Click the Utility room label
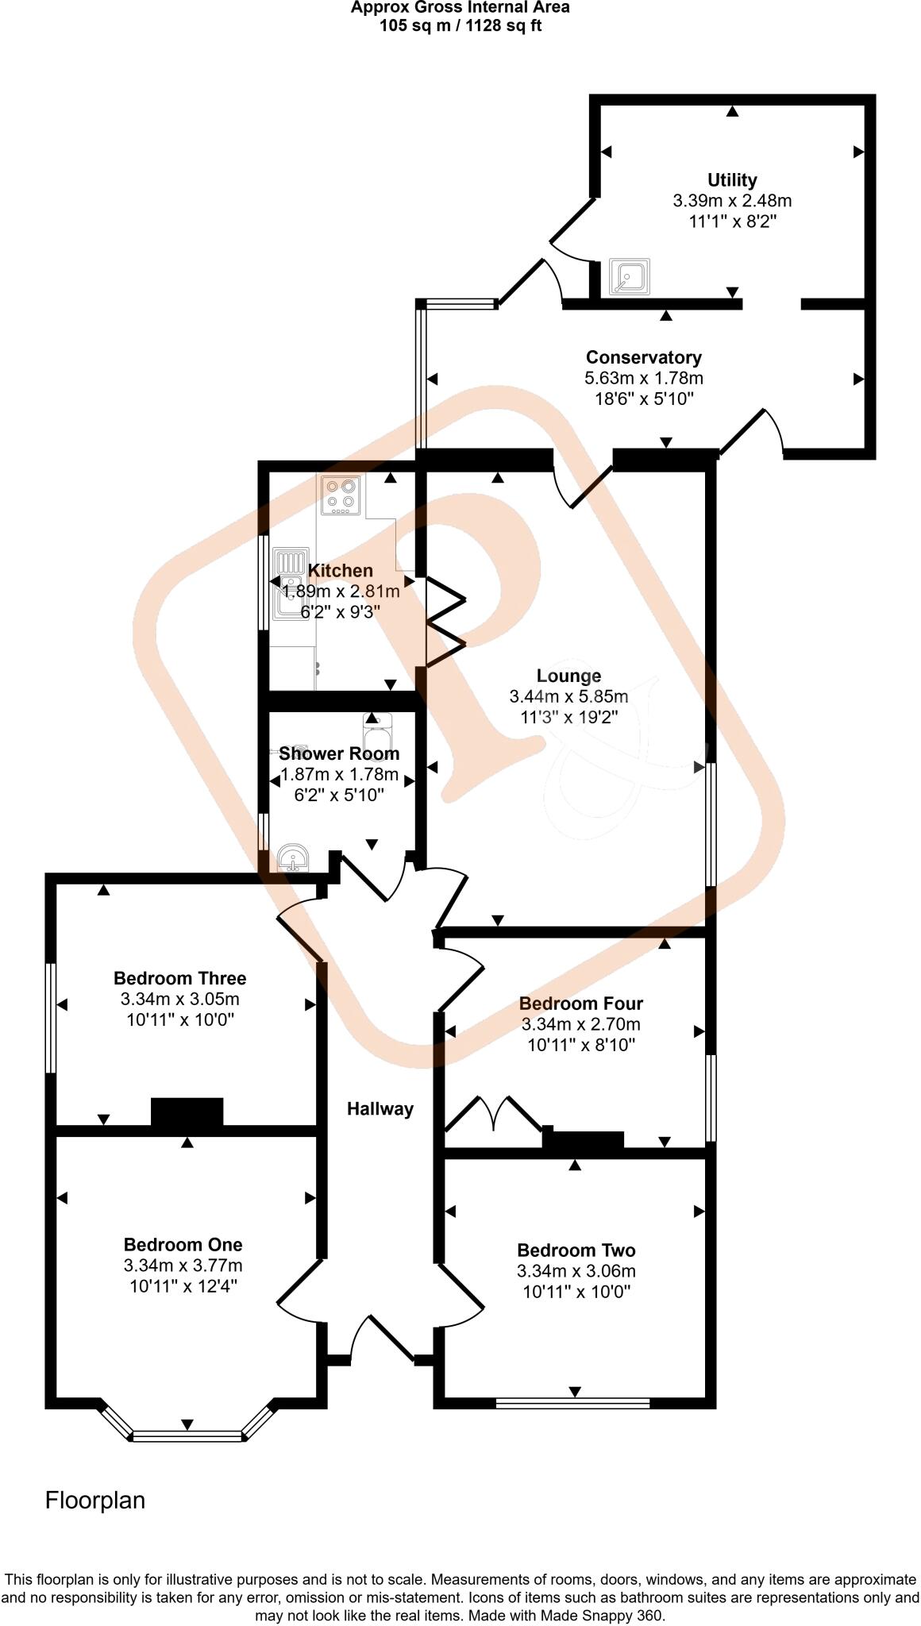pos(732,180)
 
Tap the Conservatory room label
pos(643,357)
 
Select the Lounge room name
pos(568,676)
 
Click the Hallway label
pos(380,1109)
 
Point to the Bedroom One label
pos(183,1244)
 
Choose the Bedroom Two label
pos(576,1250)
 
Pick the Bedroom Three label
pos(179,978)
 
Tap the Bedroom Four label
pos(580,1004)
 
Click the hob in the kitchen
pos(341,495)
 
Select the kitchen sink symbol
pos(291,584)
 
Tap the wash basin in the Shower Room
pos(293,860)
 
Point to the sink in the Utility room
pos(630,277)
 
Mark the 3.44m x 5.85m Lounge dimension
pos(568,697)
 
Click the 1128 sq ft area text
pos(499,25)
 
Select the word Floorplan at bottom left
pos(95,1501)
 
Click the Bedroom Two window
pos(572,1403)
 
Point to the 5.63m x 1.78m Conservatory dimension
pos(643,379)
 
